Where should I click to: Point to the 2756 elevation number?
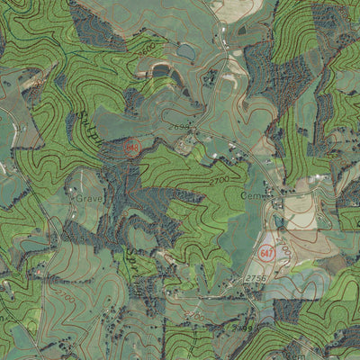256,281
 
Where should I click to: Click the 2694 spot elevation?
178,128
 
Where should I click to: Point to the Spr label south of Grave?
126,261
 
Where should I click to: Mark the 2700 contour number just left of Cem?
219,182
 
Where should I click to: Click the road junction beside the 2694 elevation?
193,133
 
